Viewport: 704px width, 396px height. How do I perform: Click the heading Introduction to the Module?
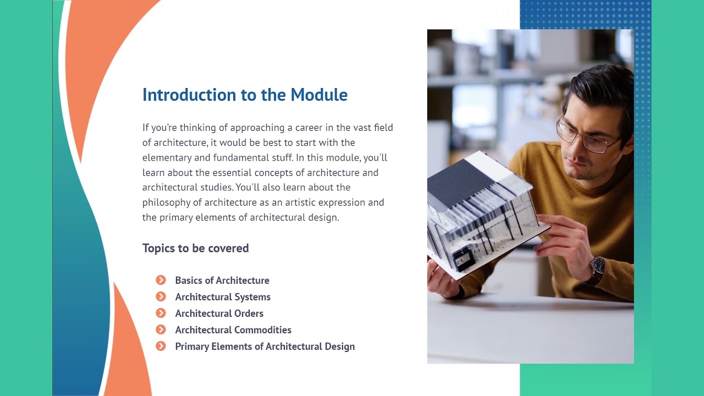[x=245, y=95]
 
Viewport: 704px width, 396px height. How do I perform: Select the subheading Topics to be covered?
[x=195, y=248]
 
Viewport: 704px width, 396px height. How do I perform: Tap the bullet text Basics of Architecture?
[x=222, y=280]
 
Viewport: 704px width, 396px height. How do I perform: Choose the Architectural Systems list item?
[x=223, y=297]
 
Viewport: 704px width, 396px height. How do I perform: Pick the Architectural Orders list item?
[x=219, y=313]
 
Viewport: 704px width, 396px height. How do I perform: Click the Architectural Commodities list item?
[x=233, y=330]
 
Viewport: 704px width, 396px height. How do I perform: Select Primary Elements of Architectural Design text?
[x=265, y=346]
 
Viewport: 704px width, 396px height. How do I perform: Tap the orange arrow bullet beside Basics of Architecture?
[x=161, y=280]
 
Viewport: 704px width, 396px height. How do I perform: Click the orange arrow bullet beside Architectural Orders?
[x=161, y=313]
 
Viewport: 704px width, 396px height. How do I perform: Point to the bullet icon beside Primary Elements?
[x=161, y=346]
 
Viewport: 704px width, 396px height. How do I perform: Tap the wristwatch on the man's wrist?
[x=597, y=268]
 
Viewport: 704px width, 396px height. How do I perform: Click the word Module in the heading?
[x=319, y=95]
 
